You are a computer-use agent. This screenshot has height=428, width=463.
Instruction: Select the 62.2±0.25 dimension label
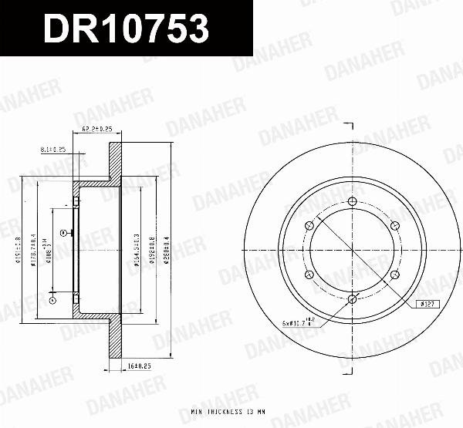tap(97, 130)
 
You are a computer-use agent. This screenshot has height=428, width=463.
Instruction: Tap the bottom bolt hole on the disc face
tap(352, 298)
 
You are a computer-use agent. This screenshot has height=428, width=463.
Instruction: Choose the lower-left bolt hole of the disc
tap(309, 274)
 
